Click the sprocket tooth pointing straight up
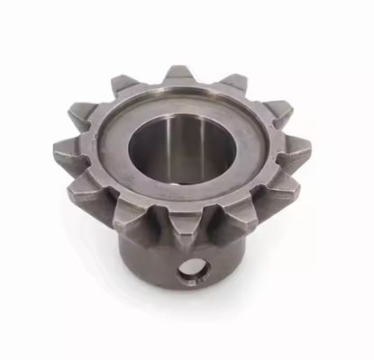(178, 75)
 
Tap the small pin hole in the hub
(190, 273)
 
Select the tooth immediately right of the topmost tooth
(233, 83)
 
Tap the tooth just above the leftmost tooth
(84, 115)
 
